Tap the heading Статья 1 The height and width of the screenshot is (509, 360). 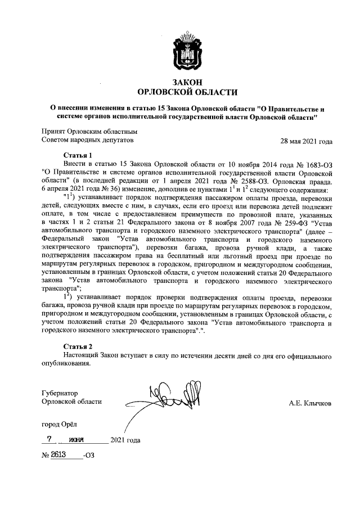tap(78, 154)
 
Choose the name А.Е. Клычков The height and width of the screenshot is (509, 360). tap(310, 403)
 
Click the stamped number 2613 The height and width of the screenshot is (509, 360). tap(60, 454)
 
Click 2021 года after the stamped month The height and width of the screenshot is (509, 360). tap(126, 440)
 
